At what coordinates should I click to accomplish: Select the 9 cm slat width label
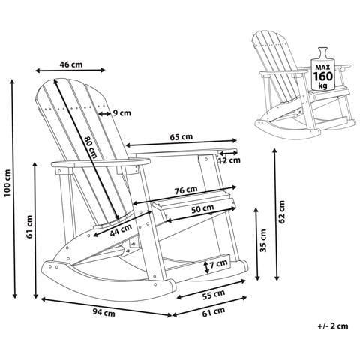121,113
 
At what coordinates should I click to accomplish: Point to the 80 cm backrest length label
90,146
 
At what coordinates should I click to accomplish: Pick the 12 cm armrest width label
229,160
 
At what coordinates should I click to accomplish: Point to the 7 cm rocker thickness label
220,264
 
